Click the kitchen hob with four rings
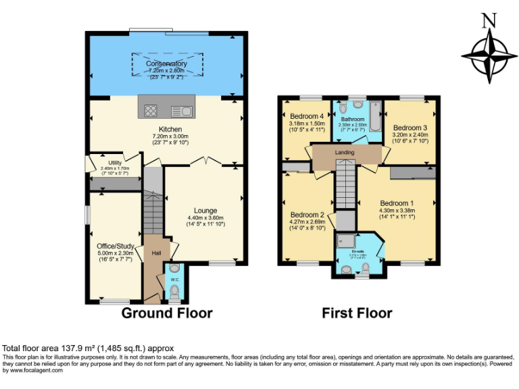click(x=151, y=111)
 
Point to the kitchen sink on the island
click(x=181, y=111)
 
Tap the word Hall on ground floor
click(x=156, y=253)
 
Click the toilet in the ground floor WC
click(x=175, y=291)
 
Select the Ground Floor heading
click(x=167, y=313)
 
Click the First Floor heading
click(x=357, y=313)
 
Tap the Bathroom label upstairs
click(x=352, y=119)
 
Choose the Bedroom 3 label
click(x=410, y=128)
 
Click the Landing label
click(x=345, y=153)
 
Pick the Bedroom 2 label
click(x=307, y=215)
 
